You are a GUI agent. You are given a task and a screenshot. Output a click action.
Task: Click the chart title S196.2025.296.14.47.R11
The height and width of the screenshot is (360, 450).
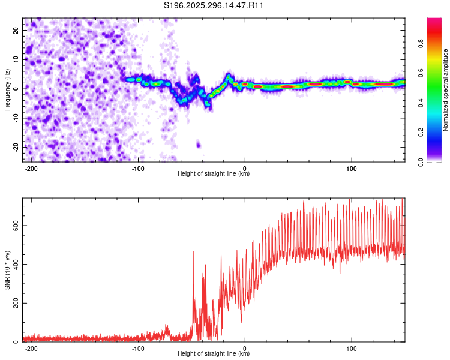[214, 6]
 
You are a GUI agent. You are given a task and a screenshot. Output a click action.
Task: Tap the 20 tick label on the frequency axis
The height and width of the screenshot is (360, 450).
[16, 30]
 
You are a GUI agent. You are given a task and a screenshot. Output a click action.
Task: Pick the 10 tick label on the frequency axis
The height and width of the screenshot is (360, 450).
[16, 59]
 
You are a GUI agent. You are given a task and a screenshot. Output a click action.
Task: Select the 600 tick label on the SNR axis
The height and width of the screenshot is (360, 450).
[14, 225]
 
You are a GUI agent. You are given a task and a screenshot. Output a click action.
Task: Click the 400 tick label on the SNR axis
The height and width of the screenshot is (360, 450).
[14, 264]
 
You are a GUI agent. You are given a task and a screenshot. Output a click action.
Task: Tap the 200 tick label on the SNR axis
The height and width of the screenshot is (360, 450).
[14, 303]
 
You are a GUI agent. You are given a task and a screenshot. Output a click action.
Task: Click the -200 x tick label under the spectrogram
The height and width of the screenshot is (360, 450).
[32, 169]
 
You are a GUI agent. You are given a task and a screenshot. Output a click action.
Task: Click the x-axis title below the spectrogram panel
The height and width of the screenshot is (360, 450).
[214, 174]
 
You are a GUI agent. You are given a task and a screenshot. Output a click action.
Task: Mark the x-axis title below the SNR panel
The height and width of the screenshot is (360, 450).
[214, 354]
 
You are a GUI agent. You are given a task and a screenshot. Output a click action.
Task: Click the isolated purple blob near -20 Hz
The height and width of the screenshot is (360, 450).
[199, 145]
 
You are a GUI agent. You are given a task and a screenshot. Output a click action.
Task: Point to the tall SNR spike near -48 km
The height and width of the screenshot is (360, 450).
[193, 252]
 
